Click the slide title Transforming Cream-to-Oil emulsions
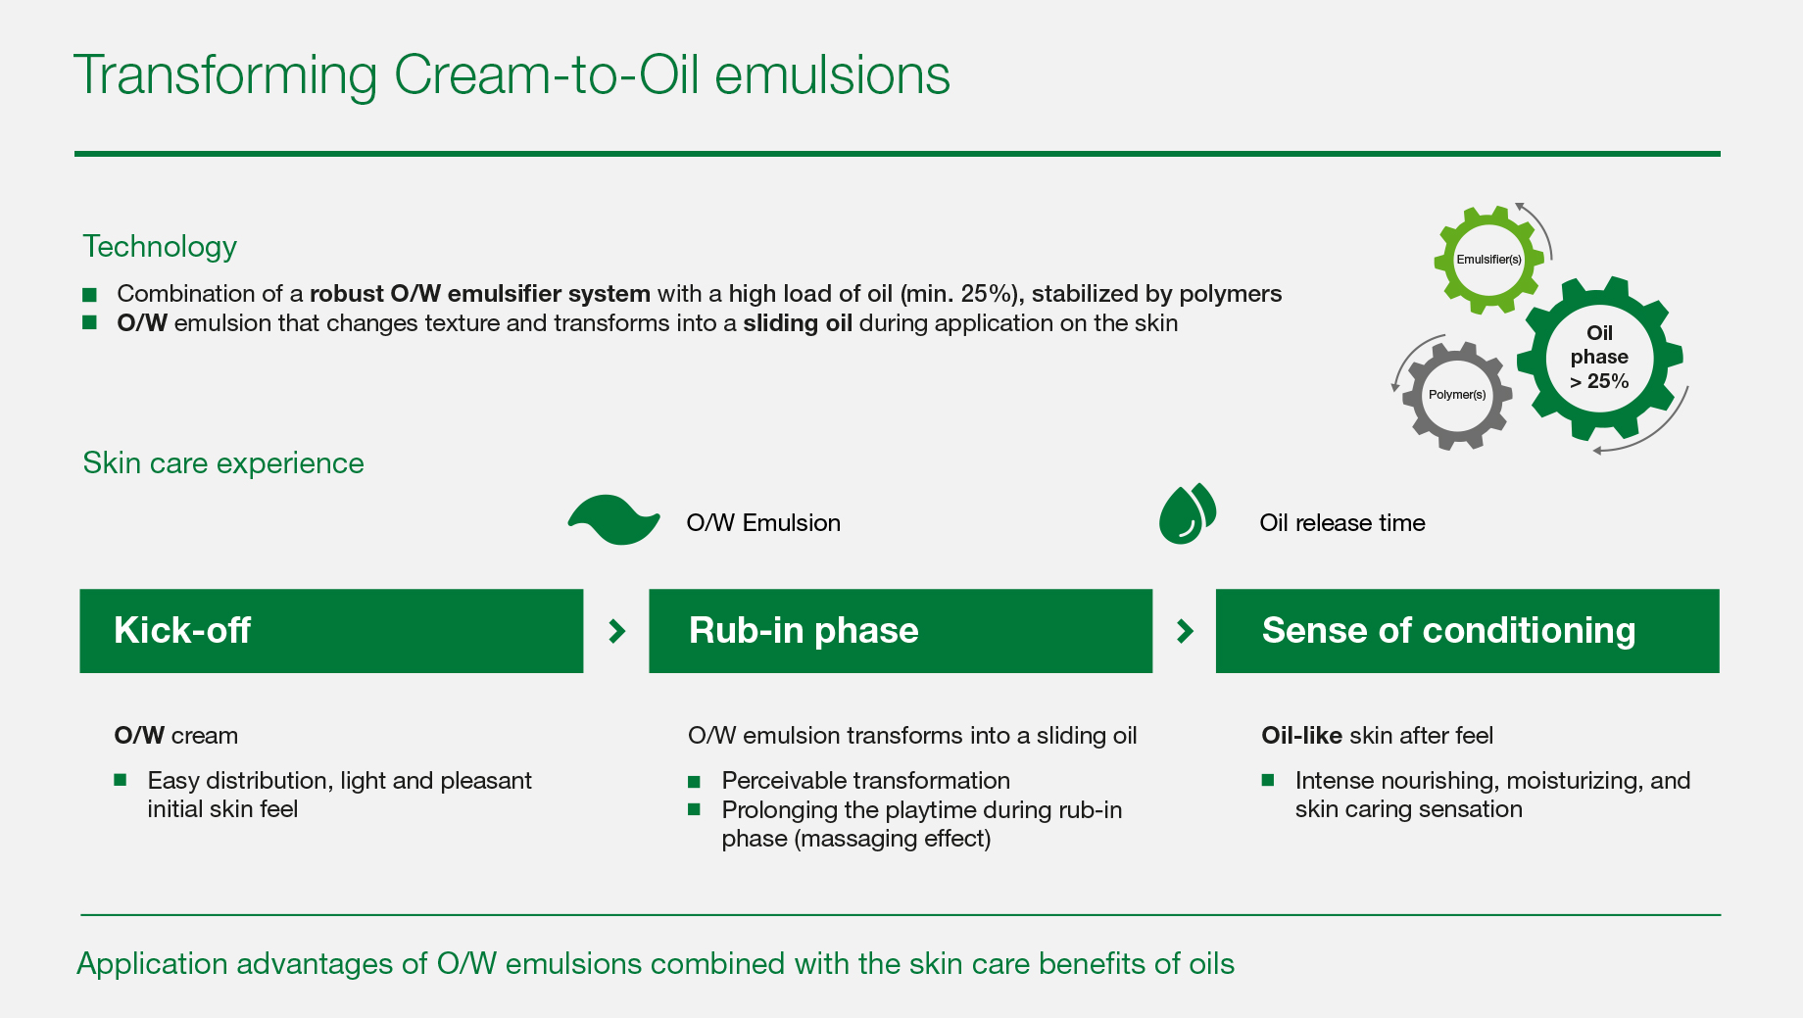(x=512, y=75)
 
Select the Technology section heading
(x=160, y=247)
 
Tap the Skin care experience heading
(x=223, y=462)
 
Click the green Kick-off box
(x=331, y=631)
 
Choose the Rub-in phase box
(x=901, y=631)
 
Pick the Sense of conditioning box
(x=1468, y=631)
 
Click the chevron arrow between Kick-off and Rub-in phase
(x=617, y=631)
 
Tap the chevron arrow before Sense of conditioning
(x=1185, y=631)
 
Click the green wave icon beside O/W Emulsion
(x=614, y=520)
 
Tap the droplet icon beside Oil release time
(x=1188, y=514)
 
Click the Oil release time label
(x=1342, y=523)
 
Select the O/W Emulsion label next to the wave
(x=763, y=523)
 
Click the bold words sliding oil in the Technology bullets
(x=798, y=323)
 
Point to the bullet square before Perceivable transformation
(x=695, y=781)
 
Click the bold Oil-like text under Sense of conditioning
(x=1301, y=736)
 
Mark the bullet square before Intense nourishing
(x=1268, y=780)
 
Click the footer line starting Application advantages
(x=656, y=964)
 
